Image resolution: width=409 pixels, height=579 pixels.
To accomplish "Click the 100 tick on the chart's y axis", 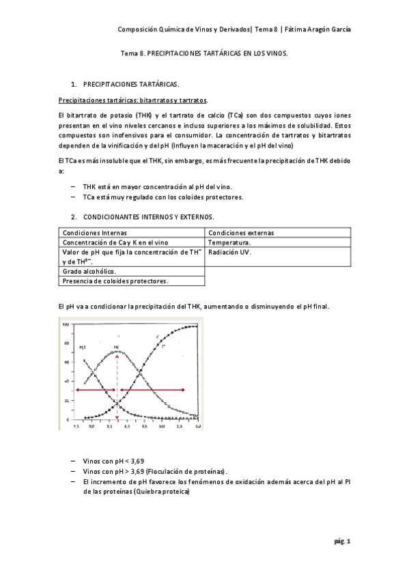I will (66, 324).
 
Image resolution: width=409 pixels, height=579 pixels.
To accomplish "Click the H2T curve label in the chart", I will (83, 348).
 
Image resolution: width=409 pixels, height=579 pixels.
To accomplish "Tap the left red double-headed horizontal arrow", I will (96, 390).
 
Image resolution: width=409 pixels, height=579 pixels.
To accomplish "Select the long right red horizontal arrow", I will (152, 390).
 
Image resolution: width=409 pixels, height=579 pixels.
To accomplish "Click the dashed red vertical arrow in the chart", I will (117, 386).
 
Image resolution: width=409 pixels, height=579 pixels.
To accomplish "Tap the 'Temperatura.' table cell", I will (229, 242).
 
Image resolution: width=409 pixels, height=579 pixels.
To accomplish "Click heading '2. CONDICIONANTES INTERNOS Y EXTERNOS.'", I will (147, 216).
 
